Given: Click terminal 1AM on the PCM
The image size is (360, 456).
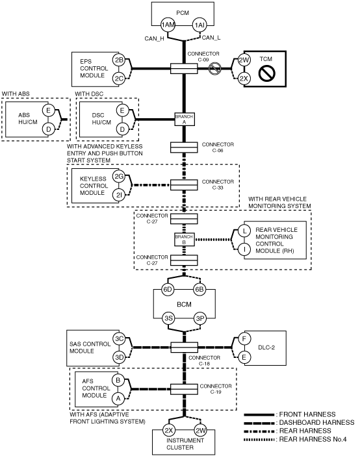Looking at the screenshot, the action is click(x=168, y=25).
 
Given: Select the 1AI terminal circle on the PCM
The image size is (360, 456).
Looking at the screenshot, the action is click(x=199, y=25).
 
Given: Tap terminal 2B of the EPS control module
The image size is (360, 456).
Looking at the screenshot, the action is click(x=119, y=60).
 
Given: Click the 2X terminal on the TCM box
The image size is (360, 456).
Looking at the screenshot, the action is click(x=244, y=78).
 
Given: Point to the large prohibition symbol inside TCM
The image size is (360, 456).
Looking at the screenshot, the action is click(x=266, y=73).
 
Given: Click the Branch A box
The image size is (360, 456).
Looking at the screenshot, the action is click(x=185, y=120).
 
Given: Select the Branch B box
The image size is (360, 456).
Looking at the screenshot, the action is click(x=185, y=239).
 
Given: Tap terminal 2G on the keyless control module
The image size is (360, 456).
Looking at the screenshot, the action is click(x=119, y=176).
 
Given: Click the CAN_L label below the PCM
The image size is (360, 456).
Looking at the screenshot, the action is click(x=211, y=38).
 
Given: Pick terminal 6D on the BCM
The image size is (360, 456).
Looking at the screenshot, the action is click(x=168, y=290).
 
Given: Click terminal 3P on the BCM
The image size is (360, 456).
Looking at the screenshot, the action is click(x=200, y=318).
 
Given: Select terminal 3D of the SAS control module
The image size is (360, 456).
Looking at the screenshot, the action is click(x=119, y=357).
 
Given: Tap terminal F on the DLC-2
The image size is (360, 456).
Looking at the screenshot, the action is click(x=244, y=339).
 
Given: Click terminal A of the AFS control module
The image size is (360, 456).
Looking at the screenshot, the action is click(x=118, y=398).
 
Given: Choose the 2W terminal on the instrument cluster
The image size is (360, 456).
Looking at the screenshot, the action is click(x=201, y=431).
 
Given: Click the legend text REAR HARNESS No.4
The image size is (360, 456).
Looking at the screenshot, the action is click(x=313, y=439).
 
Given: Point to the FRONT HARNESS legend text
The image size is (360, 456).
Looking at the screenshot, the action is click(x=307, y=414).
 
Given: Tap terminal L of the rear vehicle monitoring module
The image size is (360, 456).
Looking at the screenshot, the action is click(x=244, y=231).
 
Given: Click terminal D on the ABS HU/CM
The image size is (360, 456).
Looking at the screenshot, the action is click(x=49, y=129).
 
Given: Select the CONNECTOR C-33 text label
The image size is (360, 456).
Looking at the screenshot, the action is click(x=218, y=184).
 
